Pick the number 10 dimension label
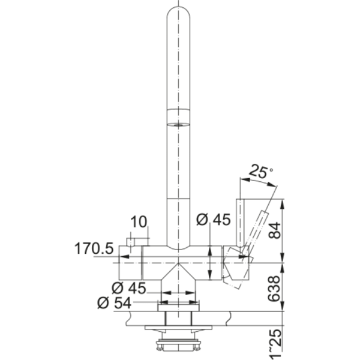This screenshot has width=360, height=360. (x=138, y=222)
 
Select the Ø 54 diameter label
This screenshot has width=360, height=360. (x=113, y=302)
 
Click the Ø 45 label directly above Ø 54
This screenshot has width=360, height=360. (x=129, y=287)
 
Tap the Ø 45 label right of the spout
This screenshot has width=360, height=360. (x=213, y=221)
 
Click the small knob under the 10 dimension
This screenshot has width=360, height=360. (x=130, y=242)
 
